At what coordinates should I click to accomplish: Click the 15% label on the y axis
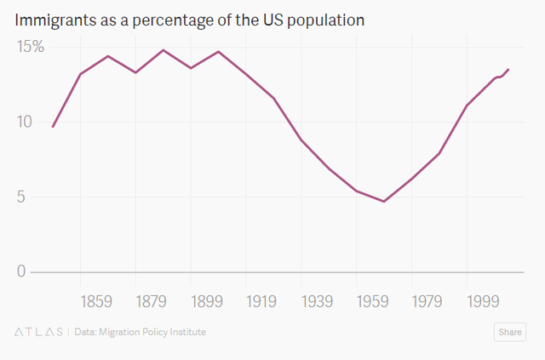31,47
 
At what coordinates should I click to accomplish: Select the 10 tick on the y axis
25,121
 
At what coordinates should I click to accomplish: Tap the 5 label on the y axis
21,197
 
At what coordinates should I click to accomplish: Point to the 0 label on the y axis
21,271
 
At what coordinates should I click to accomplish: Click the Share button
510,332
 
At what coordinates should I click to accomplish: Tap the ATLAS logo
38,332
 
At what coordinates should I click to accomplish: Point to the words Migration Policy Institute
152,332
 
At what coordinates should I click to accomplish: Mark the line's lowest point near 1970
384,202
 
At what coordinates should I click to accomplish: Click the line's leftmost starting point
53,127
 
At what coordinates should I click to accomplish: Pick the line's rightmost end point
508,69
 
